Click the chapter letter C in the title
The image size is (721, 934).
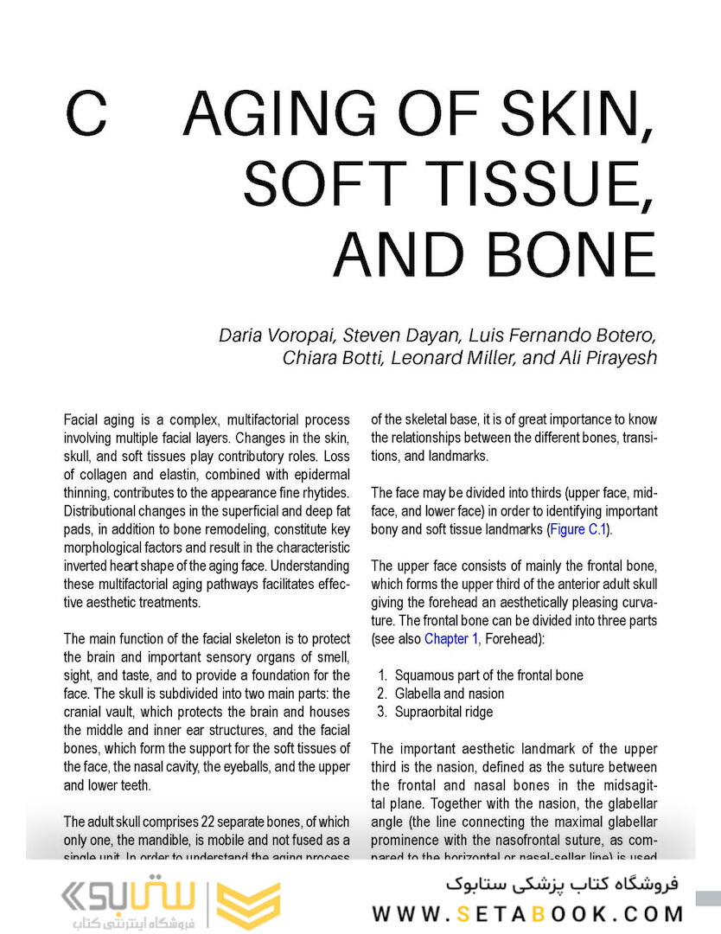point(86,116)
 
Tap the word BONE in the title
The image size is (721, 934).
point(575,253)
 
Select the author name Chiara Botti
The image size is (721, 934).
point(332,358)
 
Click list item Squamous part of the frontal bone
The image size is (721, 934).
point(488,675)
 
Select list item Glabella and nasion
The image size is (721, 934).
point(450,694)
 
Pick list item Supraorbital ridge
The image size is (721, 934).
point(443,712)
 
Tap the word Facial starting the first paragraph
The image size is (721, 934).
point(83,419)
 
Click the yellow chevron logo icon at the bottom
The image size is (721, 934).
point(247,905)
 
